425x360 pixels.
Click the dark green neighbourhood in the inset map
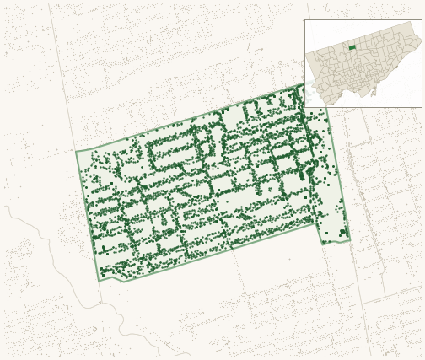click(352, 48)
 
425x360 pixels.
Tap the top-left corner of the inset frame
click(304, 20)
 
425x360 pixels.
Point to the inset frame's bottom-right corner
click(422, 107)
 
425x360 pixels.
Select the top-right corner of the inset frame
click(422, 20)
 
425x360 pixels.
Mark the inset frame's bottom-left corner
click(304, 107)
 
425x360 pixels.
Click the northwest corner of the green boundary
click(76, 152)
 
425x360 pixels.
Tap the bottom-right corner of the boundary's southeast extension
click(350, 241)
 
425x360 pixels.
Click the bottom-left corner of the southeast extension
click(321, 244)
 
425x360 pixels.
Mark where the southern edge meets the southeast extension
click(317, 223)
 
